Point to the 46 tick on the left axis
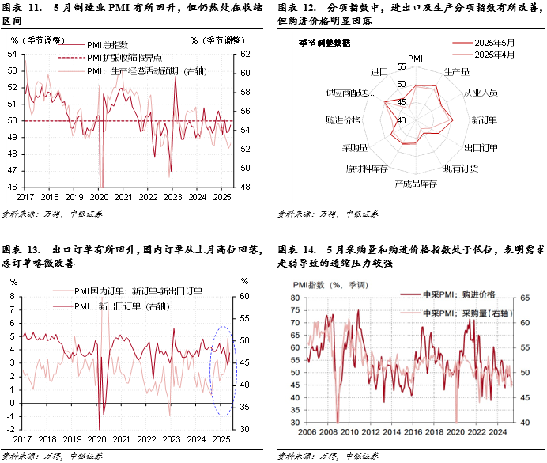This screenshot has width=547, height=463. pyautogui.click(x=13, y=187)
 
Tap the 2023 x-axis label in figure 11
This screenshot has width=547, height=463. pyautogui.click(x=173, y=197)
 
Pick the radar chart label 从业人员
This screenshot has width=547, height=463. pyautogui.click(x=481, y=93)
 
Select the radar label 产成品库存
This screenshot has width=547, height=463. pyautogui.click(x=416, y=184)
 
